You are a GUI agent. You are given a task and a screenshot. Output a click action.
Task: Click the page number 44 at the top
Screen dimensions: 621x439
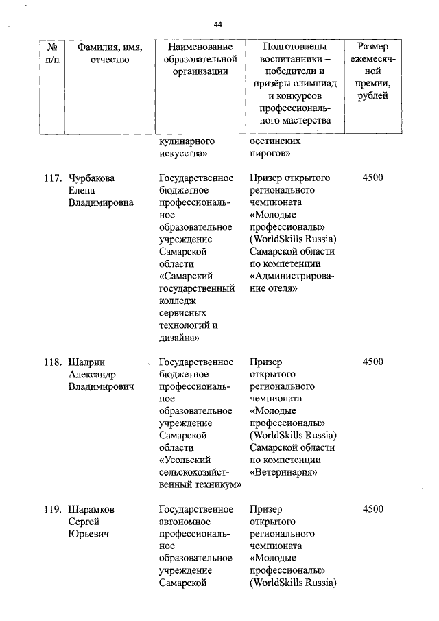tap(218, 24)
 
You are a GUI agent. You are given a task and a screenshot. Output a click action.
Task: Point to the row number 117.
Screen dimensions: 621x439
tap(53, 178)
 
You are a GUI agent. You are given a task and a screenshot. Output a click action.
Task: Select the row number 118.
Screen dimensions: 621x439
tap(53, 362)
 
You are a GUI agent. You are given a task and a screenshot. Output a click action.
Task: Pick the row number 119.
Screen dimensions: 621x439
tap(53, 509)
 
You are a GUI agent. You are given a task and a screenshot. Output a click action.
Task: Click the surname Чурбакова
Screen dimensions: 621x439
tap(92, 178)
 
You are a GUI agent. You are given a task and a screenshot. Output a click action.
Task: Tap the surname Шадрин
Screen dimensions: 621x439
tap(86, 362)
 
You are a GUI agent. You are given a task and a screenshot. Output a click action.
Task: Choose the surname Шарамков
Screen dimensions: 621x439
tap(92, 509)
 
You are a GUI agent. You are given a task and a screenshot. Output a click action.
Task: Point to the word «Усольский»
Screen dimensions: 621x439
tap(185, 460)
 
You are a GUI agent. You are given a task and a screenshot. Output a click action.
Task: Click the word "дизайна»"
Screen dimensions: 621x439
tap(179, 338)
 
